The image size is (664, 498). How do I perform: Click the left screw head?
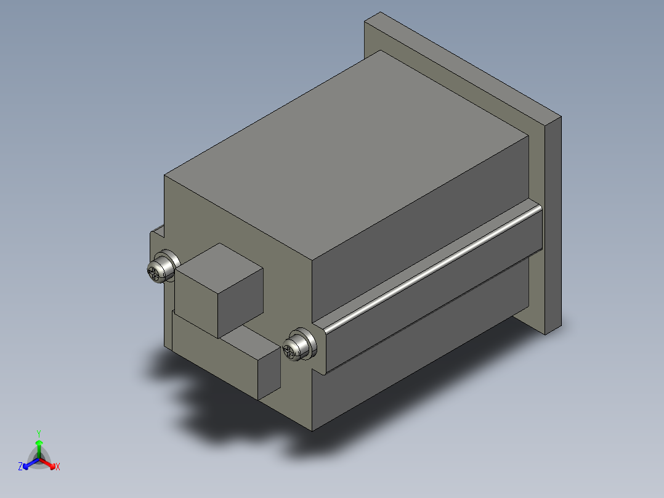click(159, 269)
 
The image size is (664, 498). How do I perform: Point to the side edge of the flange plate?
click(553, 222)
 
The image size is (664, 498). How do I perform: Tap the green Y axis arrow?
click(39, 446)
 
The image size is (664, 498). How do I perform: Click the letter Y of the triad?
click(39, 433)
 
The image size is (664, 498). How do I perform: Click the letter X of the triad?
click(58, 467)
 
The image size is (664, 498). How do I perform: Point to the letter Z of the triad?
click(20, 467)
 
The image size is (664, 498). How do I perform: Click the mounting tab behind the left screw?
click(158, 237)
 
